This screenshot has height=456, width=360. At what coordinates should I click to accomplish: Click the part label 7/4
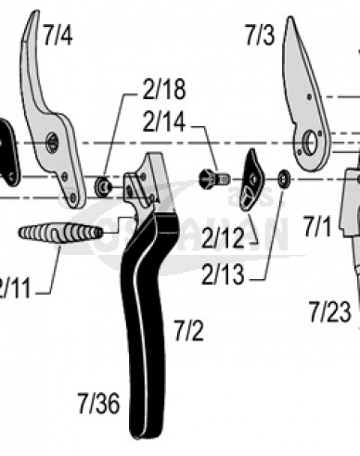tap(57, 37)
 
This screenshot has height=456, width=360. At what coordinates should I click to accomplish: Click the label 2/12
tap(225, 238)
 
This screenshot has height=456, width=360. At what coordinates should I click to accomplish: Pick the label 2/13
tap(225, 274)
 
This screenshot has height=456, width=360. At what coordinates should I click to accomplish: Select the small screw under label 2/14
tap(214, 176)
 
